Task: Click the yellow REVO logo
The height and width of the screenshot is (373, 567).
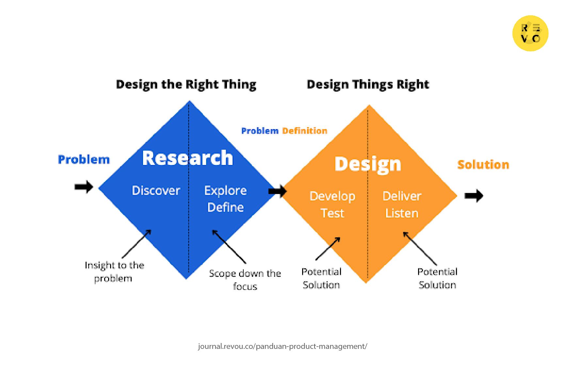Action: pyautogui.click(x=530, y=33)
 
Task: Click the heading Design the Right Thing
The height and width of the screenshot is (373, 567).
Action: pyautogui.click(x=186, y=84)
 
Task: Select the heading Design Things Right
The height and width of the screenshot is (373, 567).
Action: pyautogui.click(x=368, y=84)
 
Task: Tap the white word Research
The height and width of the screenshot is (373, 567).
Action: pyautogui.click(x=188, y=158)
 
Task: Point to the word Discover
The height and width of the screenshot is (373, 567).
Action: pyautogui.click(x=156, y=190)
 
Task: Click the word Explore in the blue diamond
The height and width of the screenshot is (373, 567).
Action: pyautogui.click(x=225, y=191)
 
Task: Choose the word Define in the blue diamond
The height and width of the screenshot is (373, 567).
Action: pyautogui.click(x=226, y=207)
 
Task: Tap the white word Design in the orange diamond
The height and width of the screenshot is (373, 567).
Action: pyautogui.click(x=368, y=164)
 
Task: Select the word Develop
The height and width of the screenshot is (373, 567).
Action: pyautogui.click(x=332, y=196)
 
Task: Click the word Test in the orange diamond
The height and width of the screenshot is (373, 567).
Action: pyautogui.click(x=332, y=213)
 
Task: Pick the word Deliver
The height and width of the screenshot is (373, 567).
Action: pyautogui.click(x=402, y=196)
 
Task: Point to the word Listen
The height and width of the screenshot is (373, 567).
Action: pyautogui.click(x=402, y=213)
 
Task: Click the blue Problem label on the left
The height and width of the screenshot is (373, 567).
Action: pyautogui.click(x=84, y=159)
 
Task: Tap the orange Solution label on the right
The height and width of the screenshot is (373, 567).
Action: pyautogui.click(x=483, y=165)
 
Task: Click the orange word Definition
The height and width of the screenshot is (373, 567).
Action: pyautogui.click(x=305, y=131)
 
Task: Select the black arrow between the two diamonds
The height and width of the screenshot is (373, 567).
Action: pyautogui.click(x=278, y=191)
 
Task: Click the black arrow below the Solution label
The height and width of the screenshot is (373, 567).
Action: pyautogui.click(x=474, y=196)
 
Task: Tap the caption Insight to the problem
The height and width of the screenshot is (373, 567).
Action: pyautogui.click(x=114, y=272)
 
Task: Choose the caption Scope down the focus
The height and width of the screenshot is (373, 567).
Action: pyautogui.click(x=245, y=280)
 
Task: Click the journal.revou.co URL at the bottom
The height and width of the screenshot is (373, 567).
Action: pyautogui.click(x=283, y=346)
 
